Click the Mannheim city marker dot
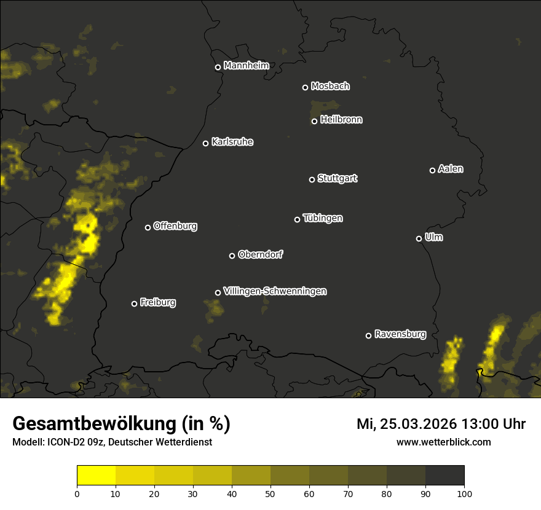[218, 68]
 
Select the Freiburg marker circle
[134, 304]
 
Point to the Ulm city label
[433, 237]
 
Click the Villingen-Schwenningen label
[275, 291]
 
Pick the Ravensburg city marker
[368, 335]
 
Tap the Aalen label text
[451, 169]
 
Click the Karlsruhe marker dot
[205, 144]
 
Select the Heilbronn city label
[341, 120]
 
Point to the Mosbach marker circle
[305, 87]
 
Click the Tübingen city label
[323, 218]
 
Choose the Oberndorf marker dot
[232, 256]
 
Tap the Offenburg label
[175, 226]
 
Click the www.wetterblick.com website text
[444, 442]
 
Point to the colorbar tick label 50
[270, 493]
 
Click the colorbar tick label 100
[464, 493]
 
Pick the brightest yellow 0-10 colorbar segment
[97, 476]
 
